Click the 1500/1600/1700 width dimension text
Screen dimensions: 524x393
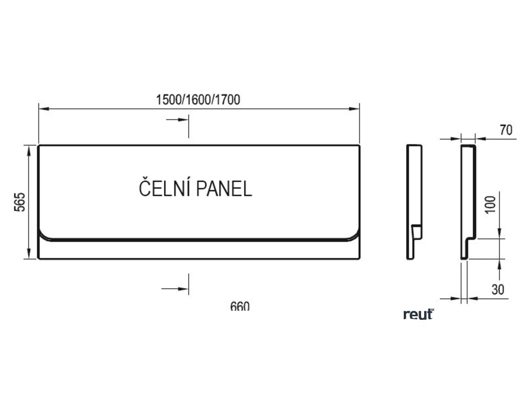coord(198,100)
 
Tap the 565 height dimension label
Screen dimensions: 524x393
coord(19,203)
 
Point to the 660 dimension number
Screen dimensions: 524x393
coord(239,307)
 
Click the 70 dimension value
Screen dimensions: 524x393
coord(506,130)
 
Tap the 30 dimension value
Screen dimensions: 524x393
coord(497,290)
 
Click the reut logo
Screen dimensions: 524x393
coord(418,314)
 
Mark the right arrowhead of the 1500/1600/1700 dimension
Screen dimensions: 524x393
coord(356,108)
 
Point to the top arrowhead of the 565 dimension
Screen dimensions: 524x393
coord(29,149)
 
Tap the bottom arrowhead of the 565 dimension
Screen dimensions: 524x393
coord(29,255)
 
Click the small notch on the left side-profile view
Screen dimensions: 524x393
coord(417,229)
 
